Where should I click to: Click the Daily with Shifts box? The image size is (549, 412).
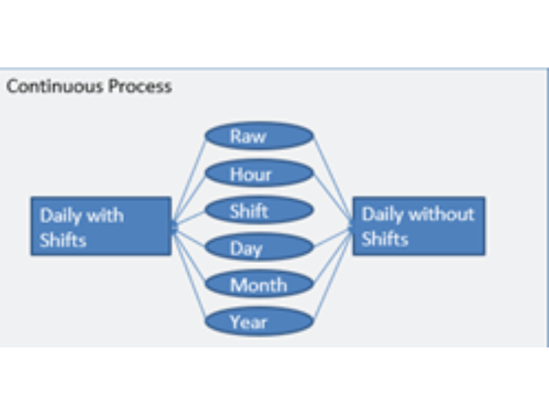click(101, 227)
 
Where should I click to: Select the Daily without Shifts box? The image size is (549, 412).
click(419, 227)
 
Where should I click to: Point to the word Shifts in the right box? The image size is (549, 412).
click(385, 239)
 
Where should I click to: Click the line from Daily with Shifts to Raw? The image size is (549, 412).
click(189, 180)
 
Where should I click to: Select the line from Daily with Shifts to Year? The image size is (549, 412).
click(189, 273)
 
